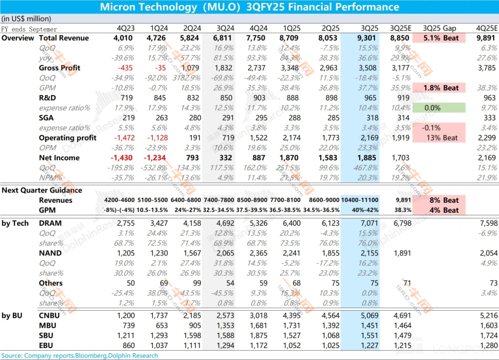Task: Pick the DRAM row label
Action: click(50, 223)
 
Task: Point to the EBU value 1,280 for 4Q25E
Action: click(487, 346)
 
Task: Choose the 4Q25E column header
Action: click(487, 29)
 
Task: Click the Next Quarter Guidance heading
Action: click(42, 190)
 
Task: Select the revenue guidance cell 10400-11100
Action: click(360, 200)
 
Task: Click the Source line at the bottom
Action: click(80, 356)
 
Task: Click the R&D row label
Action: click(48, 98)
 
